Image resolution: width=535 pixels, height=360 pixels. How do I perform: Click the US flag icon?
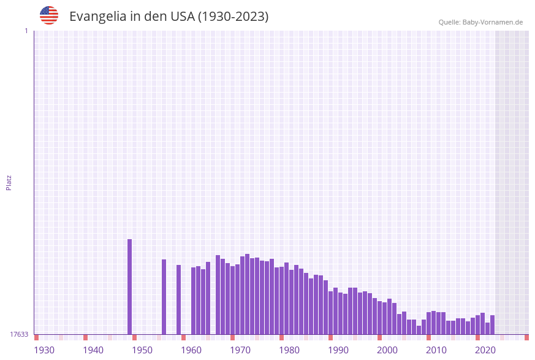49,15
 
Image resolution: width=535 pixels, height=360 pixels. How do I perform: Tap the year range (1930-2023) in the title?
233,17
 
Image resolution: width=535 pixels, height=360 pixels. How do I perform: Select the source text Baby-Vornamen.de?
492,22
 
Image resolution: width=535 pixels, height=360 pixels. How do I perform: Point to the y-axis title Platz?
9,182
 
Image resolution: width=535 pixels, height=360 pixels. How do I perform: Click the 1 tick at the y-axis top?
26,31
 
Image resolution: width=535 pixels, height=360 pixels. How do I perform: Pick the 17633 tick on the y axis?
19,334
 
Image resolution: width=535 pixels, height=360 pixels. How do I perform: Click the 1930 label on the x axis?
44,350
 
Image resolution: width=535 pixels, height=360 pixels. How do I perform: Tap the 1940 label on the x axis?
93,350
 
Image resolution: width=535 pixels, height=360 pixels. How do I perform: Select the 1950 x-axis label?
142,350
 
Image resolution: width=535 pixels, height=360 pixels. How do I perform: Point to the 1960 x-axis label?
191,350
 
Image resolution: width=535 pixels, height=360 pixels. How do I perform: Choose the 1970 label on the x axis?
240,350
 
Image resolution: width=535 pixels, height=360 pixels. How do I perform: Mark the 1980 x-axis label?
289,350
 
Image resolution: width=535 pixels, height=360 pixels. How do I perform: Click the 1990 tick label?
338,350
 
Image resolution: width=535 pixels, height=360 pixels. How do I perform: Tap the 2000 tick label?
387,350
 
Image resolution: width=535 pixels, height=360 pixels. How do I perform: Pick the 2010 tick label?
436,350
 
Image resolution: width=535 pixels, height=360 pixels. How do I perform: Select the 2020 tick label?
485,350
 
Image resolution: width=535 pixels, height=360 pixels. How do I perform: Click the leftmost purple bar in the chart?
129,287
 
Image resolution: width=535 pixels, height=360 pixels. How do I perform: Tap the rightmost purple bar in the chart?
492,325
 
